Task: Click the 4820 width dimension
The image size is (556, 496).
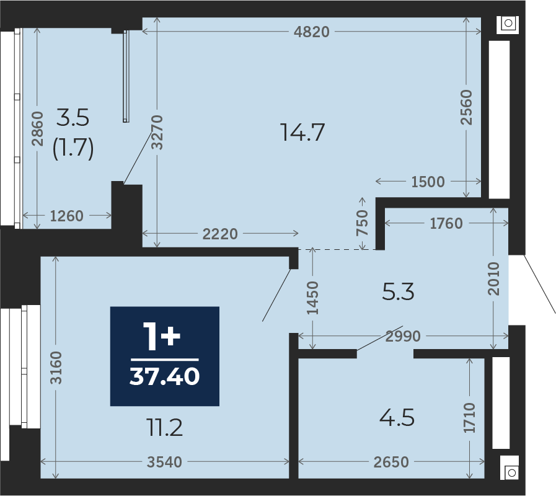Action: [x=312, y=32]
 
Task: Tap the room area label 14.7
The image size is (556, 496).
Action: [x=302, y=132]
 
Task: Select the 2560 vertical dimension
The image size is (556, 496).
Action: [x=466, y=107]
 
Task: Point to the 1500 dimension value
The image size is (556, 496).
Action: [x=428, y=182]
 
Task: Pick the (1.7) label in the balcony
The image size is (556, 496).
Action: [x=73, y=148]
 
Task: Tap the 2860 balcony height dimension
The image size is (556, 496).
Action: [x=37, y=128]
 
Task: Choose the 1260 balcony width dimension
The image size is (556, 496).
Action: [x=67, y=216]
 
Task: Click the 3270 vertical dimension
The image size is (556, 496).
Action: [x=157, y=132]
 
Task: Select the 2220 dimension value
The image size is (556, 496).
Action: [x=220, y=234]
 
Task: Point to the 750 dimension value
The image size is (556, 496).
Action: [x=362, y=223]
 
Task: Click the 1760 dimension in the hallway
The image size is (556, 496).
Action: [x=446, y=224]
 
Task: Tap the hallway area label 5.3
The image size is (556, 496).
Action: [x=398, y=292]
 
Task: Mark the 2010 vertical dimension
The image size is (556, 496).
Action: [x=493, y=278]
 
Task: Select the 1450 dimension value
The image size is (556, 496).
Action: [x=312, y=298]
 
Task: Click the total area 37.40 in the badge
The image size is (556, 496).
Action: [x=164, y=376]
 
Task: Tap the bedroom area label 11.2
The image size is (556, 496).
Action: [x=164, y=428]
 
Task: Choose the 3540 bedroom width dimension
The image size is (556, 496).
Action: [x=164, y=462]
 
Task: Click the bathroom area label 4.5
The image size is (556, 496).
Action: [x=397, y=418]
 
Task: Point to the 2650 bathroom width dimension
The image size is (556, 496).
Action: [x=391, y=462]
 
